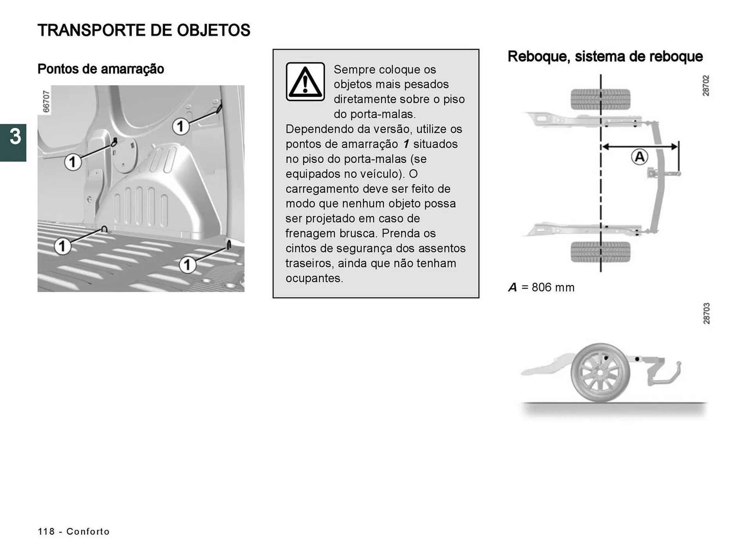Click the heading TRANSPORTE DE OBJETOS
[144, 31]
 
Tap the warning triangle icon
[305, 82]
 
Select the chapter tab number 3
[14, 137]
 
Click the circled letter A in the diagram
[639, 157]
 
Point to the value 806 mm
[553, 288]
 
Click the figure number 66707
[46, 101]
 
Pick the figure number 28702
[705, 86]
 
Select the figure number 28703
[706, 313]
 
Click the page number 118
[46, 531]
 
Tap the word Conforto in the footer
[88, 531]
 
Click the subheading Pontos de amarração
[101, 69]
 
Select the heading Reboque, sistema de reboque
[605, 56]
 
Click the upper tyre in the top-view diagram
[600, 99]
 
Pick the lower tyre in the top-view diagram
[600, 252]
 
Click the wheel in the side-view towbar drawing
[600, 373]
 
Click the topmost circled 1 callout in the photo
[180, 126]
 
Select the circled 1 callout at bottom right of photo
[187, 265]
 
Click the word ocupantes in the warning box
[314, 278]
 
